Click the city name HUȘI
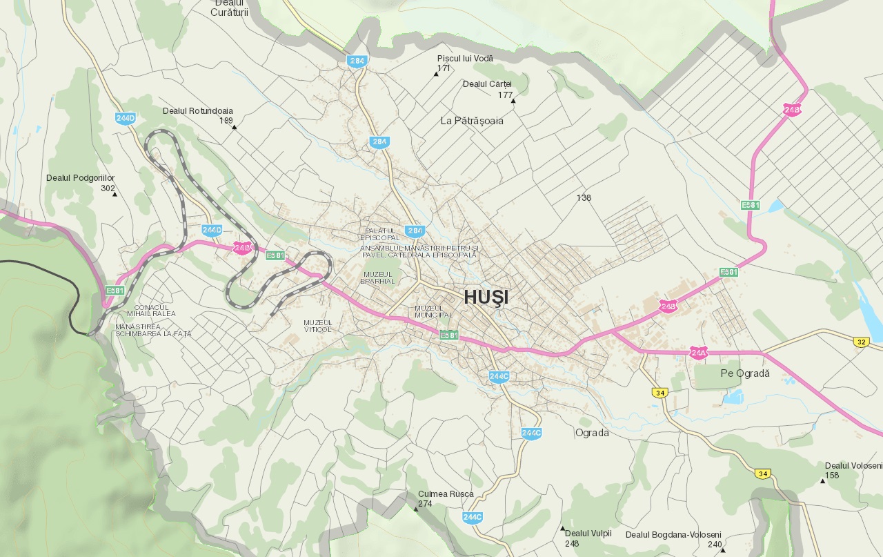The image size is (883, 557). click(x=486, y=297)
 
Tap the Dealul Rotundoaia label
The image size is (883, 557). click(x=197, y=110)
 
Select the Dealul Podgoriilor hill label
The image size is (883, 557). click(x=80, y=178)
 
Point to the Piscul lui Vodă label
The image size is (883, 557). click(x=465, y=59)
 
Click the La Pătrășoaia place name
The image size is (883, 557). click(x=472, y=121)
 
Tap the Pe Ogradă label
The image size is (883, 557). click(x=744, y=373)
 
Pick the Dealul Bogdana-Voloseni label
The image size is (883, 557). click(x=673, y=535)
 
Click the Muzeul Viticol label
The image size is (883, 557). click(x=317, y=326)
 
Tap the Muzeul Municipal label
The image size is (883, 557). click(x=433, y=311)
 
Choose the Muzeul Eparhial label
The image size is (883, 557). click(x=378, y=277)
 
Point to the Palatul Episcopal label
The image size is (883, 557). click(x=379, y=234)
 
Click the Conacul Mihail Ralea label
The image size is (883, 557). click(x=151, y=311)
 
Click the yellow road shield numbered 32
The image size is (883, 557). click(x=860, y=342)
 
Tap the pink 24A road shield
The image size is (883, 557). click(x=698, y=353)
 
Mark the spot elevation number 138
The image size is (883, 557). click(x=584, y=198)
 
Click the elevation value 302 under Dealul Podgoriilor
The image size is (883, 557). click(x=108, y=188)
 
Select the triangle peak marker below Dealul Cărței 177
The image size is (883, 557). click(x=513, y=101)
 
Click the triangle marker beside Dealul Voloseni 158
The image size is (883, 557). click(x=822, y=481)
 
